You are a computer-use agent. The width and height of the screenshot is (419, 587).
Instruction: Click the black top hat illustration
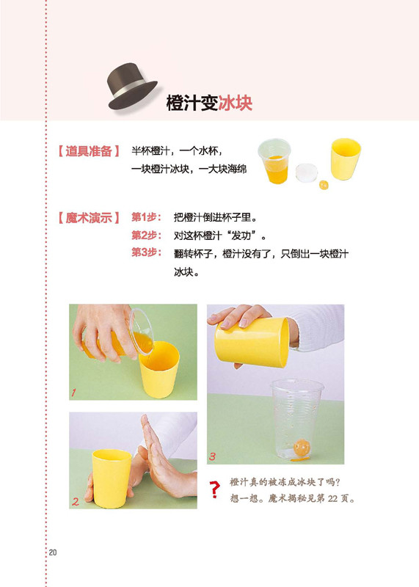[132, 87]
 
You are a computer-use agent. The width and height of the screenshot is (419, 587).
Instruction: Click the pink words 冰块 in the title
[235, 103]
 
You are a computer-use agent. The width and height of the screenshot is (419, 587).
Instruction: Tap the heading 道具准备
[89, 151]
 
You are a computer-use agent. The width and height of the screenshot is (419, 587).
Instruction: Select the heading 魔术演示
[89, 217]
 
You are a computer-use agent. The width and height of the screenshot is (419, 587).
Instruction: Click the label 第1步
[146, 217]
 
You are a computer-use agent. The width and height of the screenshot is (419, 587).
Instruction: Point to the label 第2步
[146, 235]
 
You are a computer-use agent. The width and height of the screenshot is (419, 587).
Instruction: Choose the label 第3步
[146, 252]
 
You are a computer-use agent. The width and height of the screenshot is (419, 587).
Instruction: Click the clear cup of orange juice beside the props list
[274, 161]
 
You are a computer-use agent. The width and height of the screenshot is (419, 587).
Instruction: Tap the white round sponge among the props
[306, 172]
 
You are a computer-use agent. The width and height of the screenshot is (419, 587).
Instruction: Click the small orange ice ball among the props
[324, 185]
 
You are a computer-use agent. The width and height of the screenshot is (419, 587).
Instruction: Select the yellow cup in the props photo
[345, 158]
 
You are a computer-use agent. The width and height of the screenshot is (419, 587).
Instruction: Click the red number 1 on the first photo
[74, 393]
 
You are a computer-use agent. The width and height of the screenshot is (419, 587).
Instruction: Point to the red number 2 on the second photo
[76, 501]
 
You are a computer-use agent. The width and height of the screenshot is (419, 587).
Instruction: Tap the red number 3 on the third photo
[212, 456]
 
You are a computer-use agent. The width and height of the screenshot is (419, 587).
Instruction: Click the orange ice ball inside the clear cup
[302, 448]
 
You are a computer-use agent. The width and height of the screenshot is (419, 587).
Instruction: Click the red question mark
[214, 489]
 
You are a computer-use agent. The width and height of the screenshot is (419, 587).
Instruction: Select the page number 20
[53, 553]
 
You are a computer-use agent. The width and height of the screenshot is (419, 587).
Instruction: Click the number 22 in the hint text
[332, 498]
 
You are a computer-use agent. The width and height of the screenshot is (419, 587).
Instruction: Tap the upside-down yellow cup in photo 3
[252, 341]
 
